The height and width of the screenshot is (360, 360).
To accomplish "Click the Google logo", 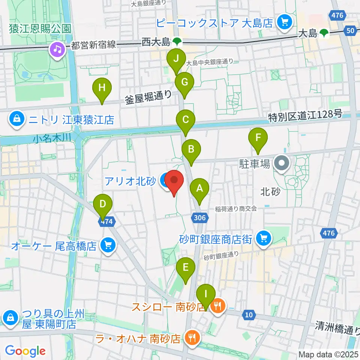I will (x=25, y=351).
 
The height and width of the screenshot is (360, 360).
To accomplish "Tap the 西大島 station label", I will (x=156, y=43).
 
